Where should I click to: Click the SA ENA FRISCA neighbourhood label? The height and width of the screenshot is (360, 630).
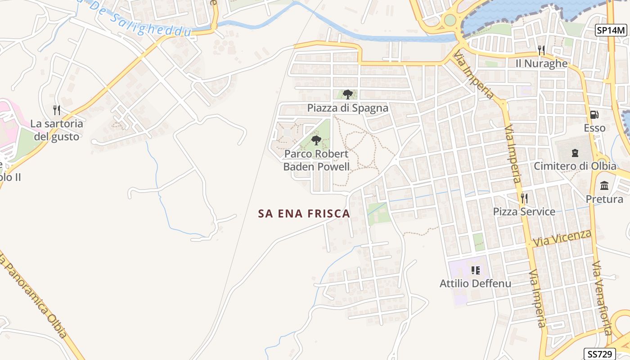304,213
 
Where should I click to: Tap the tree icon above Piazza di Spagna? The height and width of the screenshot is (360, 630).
347,94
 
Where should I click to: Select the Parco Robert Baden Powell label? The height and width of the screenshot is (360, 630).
316,160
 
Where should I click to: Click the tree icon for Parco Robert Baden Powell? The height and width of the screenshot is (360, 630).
316,140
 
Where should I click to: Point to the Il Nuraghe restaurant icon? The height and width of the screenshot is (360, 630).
541,50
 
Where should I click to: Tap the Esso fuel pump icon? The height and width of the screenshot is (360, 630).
594,115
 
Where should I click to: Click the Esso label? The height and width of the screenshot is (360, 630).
594,128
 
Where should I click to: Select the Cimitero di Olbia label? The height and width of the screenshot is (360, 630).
575,166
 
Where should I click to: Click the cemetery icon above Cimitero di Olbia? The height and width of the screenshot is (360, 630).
575,153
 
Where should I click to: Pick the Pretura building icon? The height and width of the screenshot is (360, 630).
604,185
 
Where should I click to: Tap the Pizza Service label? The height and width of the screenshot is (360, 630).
524,211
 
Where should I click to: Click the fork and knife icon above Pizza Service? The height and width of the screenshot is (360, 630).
524,198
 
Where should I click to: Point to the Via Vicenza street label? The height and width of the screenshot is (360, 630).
562,238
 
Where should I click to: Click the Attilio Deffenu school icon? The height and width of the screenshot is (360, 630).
476,270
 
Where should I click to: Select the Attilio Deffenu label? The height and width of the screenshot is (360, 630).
475,283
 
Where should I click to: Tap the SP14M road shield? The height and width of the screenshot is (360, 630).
611,31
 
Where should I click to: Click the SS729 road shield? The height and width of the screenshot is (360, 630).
599,354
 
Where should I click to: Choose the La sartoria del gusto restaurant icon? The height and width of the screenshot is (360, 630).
57,110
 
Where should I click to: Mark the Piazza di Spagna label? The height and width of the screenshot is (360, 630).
347,108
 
